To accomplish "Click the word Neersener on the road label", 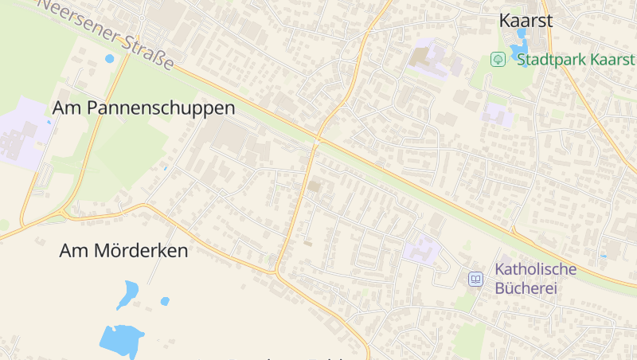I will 80,18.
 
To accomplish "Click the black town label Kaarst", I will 526,21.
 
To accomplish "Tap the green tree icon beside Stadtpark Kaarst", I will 498,59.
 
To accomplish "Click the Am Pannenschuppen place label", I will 144,108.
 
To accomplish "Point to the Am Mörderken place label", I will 123,250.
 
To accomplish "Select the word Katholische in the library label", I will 536,269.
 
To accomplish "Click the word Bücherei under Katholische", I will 526,288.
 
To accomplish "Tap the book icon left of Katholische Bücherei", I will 475,279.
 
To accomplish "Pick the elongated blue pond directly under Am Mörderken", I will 127,294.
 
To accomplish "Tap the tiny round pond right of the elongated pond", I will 165,301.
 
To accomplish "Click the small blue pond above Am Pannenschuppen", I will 109,58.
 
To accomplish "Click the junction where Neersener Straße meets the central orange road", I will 317,141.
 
